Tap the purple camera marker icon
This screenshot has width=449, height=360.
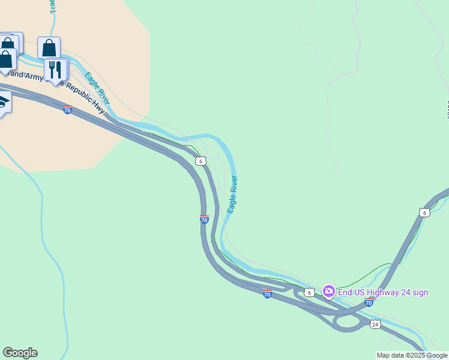(x=328, y=292)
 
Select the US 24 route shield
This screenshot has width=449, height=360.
(x=375, y=324)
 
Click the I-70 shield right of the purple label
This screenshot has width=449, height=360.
(x=369, y=302)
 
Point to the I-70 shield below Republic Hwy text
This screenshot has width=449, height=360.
(x=67, y=110)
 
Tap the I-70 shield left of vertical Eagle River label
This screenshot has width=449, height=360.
(x=204, y=219)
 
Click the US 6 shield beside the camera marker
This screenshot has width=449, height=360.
(x=309, y=292)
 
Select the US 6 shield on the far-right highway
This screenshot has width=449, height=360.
(x=424, y=212)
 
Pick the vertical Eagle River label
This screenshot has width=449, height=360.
(x=232, y=194)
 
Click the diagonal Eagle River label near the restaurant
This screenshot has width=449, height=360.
(x=97, y=88)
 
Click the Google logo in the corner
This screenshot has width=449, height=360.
(x=20, y=353)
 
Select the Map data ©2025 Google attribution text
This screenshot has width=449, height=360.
(x=412, y=355)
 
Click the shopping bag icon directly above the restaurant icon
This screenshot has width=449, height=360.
(x=49, y=47)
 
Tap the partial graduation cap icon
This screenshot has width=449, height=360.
(x=4, y=104)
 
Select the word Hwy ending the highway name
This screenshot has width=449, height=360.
(x=98, y=107)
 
